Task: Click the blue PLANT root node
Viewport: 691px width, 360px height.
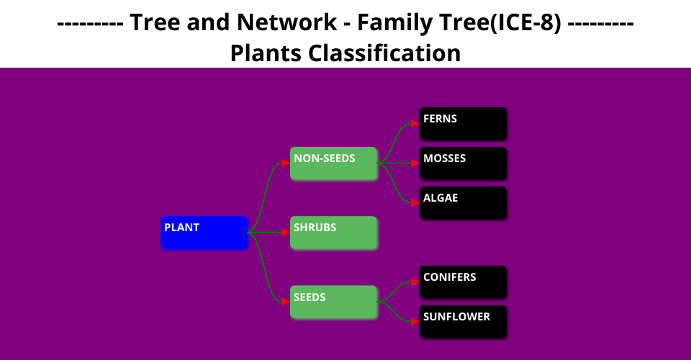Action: (x=204, y=233)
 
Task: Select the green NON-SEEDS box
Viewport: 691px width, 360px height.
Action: (x=333, y=163)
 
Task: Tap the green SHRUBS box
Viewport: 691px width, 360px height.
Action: (x=333, y=233)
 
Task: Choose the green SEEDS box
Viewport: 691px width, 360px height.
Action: (x=333, y=302)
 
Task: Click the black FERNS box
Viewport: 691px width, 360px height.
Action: (x=463, y=124)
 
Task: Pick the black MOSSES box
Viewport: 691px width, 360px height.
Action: (x=463, y=163)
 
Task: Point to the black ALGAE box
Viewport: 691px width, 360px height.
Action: (x=463, y=203)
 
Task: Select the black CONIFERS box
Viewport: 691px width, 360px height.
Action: (x=463, y=282)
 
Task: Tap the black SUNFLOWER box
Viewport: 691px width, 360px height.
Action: (x=463, y=322)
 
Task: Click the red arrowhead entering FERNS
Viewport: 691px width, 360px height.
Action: (x=415, y=124)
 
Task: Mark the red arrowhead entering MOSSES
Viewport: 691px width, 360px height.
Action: (x=415, y=163)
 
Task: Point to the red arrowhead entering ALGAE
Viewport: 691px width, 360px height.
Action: (x=415, y=203)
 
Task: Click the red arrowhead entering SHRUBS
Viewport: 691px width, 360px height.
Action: (x=286, y=233)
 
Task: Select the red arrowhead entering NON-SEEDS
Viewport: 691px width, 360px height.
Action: (x=286, y=163)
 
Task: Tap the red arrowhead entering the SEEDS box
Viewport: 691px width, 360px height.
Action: (x=286, y=302)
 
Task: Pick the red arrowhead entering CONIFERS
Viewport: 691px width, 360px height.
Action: (x=415, y=282)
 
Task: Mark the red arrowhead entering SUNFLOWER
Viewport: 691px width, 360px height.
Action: (x=415, y=322)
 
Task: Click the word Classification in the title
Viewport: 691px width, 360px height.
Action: (x=384, y=53)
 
